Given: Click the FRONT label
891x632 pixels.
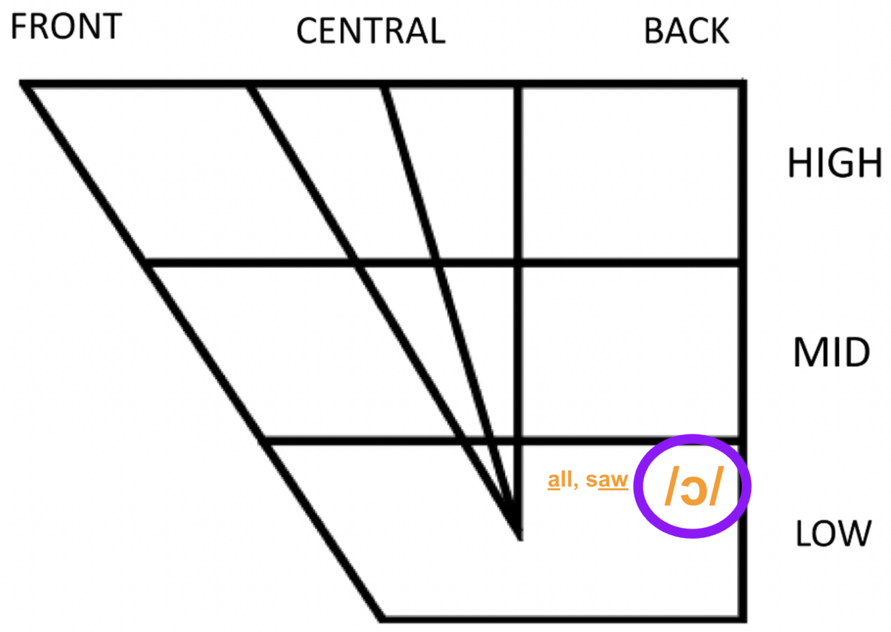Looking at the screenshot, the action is (x=66, y=26).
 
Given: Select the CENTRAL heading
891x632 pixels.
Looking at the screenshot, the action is (x=371, y=31).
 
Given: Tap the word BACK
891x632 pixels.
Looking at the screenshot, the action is (x=687, y=31).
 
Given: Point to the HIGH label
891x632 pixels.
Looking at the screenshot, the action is (x=835, y=163).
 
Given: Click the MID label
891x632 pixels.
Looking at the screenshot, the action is (x=832, y=352).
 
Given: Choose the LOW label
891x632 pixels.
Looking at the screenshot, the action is (x=834, y=533).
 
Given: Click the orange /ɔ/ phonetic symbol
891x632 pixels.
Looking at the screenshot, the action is (x=693, y=487).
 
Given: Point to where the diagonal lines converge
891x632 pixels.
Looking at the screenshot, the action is (x=519, y=534).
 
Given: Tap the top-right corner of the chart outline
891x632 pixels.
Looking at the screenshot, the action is (x=742, y=84).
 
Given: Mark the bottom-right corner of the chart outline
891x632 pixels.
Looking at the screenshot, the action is (x=742, y=617).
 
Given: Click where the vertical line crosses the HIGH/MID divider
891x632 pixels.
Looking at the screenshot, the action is (x=519, y=263).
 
